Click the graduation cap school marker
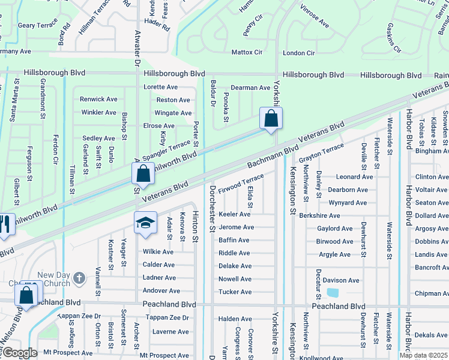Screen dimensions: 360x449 [x=146, y=223]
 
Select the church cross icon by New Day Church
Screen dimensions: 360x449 [x=79, y=278]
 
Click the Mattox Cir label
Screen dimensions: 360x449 [x=247, y=53]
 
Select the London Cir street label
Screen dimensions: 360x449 [x=298, y=53]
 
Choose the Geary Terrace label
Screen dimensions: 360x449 [x=37, y=25]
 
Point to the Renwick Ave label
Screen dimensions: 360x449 [x=99, y=100]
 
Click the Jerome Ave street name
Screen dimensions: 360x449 [x=236, y=227]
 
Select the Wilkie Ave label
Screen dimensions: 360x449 [x=158, y=252]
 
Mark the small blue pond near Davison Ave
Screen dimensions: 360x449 [x=332, y=293]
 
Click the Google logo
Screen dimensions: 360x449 [x=20, y=352]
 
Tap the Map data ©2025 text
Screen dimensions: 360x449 [x=423, y=355]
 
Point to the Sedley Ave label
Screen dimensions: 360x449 [x=98, y=139]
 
